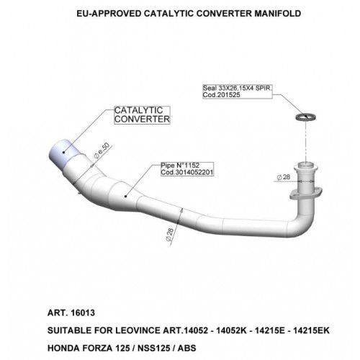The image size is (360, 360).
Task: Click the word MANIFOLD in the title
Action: tap(278, 14)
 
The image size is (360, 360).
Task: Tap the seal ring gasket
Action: tap(305, 117)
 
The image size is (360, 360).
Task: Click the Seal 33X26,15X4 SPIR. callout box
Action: tap(238, 91)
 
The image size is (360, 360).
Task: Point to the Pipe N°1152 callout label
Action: tap(187, 169)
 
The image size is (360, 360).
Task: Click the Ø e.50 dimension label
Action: tap(102, 150)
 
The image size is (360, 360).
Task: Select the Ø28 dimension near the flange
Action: tap(284, 177)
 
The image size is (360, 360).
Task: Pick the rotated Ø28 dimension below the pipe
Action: tap(169, 235)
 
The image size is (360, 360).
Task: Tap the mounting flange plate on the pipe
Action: tap(305, 194)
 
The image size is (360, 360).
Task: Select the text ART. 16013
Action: tap(71, 313)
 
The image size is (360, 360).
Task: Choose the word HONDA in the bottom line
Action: tap(63, 348)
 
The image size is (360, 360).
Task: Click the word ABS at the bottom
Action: tap(186, 348)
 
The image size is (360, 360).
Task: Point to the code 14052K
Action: tap(231, 330)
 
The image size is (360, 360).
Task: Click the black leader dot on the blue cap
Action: tap(64, 152)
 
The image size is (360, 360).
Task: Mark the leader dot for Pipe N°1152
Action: tap(125, 197)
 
